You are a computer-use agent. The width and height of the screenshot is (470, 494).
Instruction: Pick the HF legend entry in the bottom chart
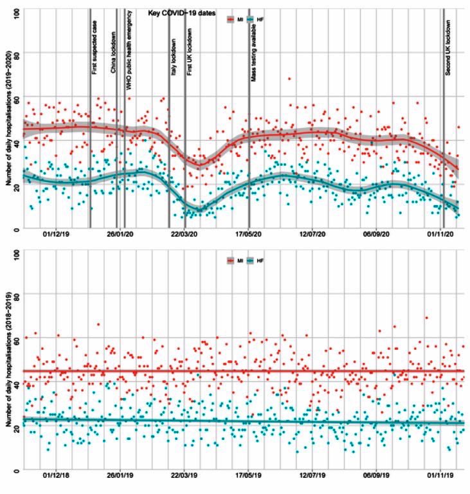[x=255, y=261]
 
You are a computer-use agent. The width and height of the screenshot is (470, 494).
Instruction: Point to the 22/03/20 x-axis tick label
[x=185, y=235]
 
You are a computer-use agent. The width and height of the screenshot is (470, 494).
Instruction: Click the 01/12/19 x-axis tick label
[x=57, y=235]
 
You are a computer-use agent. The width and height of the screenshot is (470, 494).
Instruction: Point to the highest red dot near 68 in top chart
[x=289, y=79]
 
